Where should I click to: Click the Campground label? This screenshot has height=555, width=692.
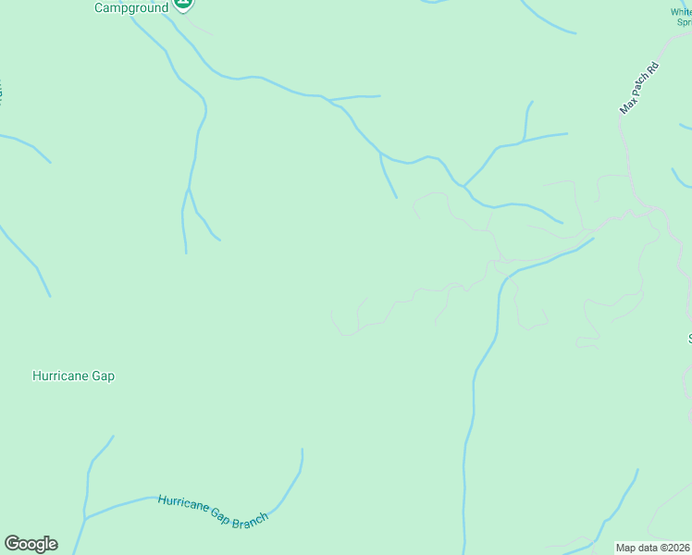tap(131, 7)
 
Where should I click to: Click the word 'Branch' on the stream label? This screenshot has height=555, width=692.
tap(248, 520)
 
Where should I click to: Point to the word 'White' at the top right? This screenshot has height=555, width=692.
tap(682, 12)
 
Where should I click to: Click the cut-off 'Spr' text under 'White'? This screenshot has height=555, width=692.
tap(684, 22)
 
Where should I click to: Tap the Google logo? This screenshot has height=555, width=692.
tap(31, 544)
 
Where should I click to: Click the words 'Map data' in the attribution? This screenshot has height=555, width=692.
tap(636, 548)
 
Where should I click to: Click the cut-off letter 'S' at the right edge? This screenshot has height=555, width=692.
tap(689, 339)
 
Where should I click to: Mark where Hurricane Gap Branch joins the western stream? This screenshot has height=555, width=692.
tap(85, 518)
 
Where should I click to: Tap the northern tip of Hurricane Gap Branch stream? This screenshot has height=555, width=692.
tap(302, 450)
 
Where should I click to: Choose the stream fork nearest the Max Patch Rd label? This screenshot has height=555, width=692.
tap(524, 142)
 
